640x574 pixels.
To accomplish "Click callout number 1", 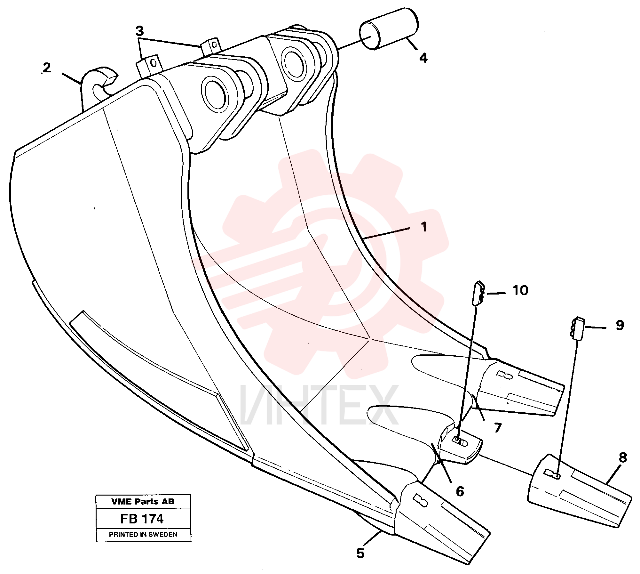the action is pyautogui.click(x=424, y=227).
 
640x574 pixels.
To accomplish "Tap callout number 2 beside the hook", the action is pyautogui.click(x=47, y=68).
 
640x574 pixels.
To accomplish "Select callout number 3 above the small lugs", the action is pyautogui.click(x=139, y=31).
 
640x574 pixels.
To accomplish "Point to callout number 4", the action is pyautogui.click(x=423, y=58).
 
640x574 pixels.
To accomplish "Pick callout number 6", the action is pyautogui.click(x=460, y=491).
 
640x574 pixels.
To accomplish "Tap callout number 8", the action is pyautogui.click(x=623, y=457).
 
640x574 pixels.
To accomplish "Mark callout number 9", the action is pyautogui.click(x=620, y=325).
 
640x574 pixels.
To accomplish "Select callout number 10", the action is pyautogui.click(x=520, y=290).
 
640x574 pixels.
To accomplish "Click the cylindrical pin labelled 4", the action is pyautogui.click(x=389, y=29).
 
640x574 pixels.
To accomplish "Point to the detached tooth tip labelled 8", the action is pyautogui.click(x=579, y=491).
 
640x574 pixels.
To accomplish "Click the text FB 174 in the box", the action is pyautogui.click(x=142, y=519).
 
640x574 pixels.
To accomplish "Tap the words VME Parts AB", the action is pyautogui.click(x=143, y=502).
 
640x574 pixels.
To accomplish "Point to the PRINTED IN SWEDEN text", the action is pyautogui.click(x=143, y=534).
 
